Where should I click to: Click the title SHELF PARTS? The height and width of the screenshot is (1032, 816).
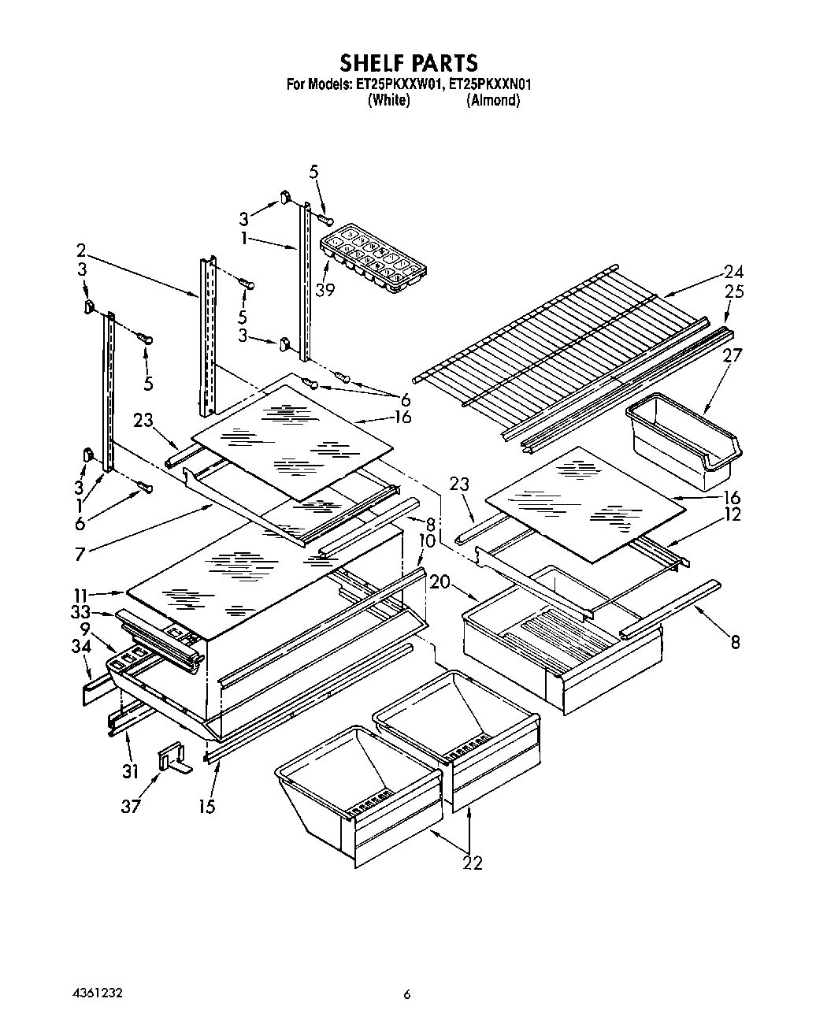click(x=408, y=62)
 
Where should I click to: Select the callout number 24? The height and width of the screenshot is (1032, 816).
click(x=733, y=273)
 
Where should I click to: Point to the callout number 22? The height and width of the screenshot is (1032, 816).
click(x=472, y=863)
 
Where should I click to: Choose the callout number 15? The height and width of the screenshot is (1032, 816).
click(x=206, y=807)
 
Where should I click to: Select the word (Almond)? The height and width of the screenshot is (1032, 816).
click(x=493, y=101)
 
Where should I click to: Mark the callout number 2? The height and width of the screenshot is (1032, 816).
click(x=81, y=251)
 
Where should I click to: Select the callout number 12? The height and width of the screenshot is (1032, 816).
click(x=734, y=514)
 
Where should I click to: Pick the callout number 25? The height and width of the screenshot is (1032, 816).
click(x=733, y=292)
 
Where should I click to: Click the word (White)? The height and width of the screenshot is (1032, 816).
click(x=388, y=101)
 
